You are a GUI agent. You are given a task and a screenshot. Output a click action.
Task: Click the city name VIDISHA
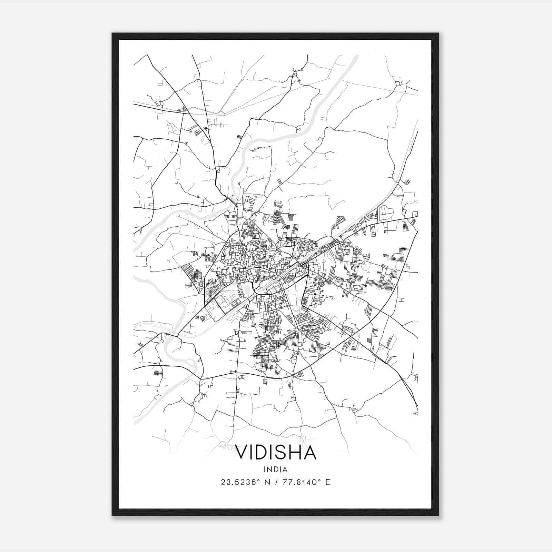click(x=276, y=453)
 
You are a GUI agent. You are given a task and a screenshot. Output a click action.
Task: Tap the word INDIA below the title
click(x=276, y=470)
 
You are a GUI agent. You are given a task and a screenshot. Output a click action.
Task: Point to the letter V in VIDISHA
click(x=242, y=453)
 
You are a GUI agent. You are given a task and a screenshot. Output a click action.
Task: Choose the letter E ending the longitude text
click(x=328, y=482)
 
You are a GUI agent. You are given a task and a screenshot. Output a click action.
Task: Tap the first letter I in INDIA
click(x=265, y=470)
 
